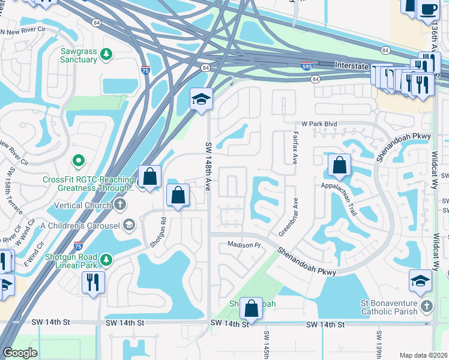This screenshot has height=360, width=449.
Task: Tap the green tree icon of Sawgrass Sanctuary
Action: click(106, 55)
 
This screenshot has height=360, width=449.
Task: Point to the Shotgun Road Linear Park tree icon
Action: click(106, 259)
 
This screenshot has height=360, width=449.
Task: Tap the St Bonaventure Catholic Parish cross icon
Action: click(426, 307)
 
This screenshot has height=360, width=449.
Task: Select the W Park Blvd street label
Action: click(320, 124)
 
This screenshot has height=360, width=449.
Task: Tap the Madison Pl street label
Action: click(243, 245)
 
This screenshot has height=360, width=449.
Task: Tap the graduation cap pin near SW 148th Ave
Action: click(202, 99)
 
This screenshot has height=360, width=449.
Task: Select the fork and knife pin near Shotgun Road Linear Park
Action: click(93, 282)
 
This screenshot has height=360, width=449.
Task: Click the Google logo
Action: click(20, 353)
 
